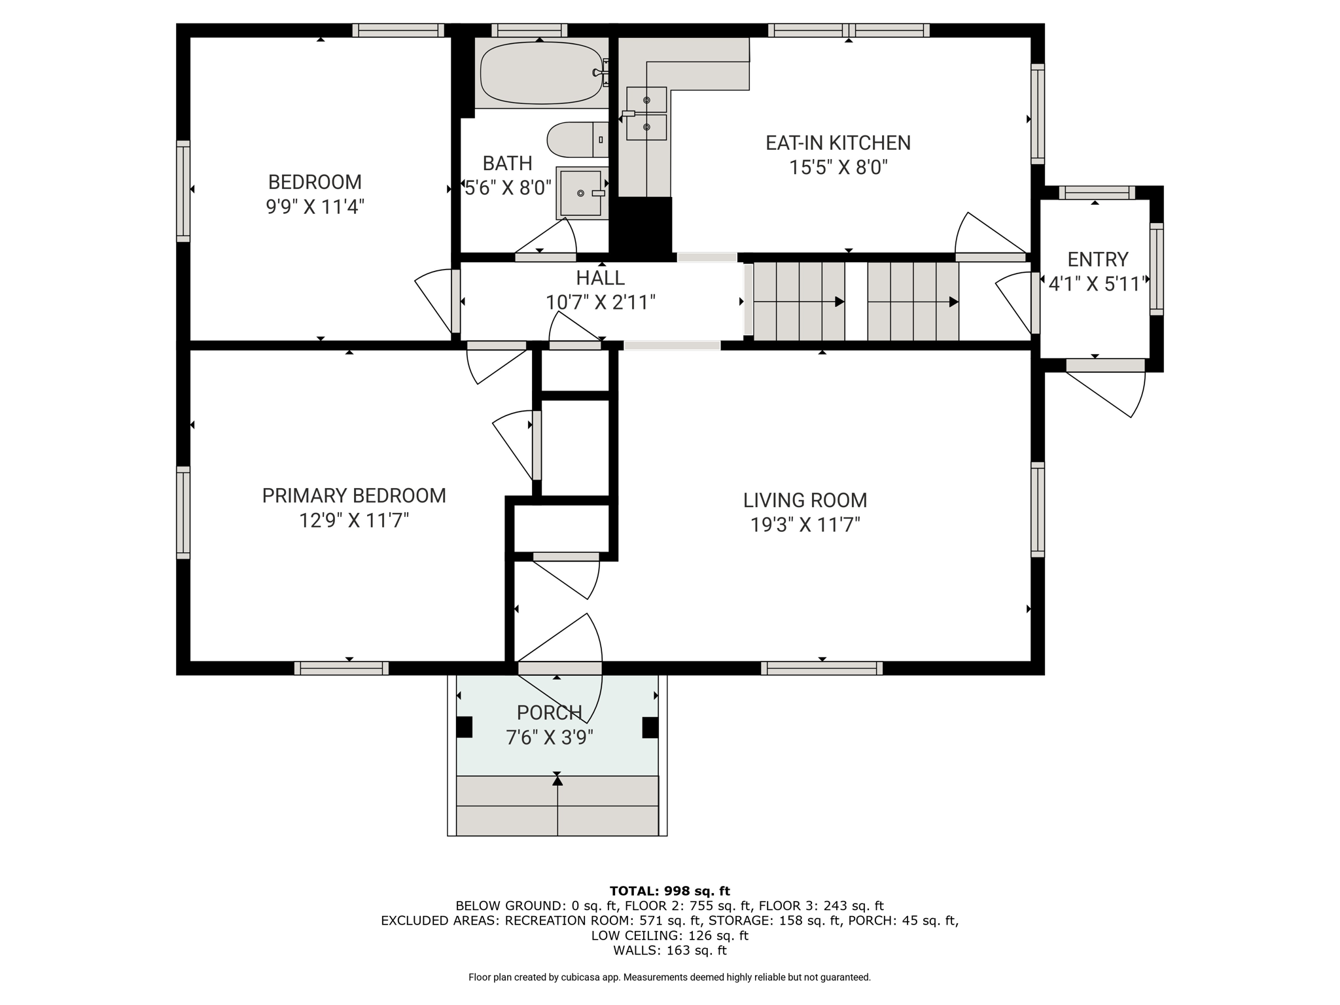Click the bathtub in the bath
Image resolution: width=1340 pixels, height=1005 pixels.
542,73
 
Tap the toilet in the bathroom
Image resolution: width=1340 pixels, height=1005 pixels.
578,139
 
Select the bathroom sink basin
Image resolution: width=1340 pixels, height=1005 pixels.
580,193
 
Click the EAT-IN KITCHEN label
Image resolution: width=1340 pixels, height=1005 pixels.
838,143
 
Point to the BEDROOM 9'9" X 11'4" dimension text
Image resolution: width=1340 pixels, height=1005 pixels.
315,207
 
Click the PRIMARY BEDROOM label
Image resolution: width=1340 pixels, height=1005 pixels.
354,495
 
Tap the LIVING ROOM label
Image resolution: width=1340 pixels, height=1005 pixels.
805,500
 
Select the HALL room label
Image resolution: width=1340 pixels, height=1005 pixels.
600,277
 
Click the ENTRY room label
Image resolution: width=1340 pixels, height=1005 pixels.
1098,259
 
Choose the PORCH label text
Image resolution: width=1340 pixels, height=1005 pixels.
550,712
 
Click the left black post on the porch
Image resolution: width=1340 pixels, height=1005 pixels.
464,727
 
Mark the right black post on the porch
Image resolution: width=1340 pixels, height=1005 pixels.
650,727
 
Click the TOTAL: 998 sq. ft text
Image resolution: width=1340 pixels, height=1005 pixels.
669,890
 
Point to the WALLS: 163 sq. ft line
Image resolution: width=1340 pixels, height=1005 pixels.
669,950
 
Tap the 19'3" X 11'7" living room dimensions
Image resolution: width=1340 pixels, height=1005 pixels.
805,525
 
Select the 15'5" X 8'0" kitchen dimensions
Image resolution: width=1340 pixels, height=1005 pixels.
838,167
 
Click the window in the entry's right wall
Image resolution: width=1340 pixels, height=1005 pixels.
1157,269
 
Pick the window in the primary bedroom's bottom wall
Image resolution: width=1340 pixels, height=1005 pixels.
342,668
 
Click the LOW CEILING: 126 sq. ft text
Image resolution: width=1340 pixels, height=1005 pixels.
669,935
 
